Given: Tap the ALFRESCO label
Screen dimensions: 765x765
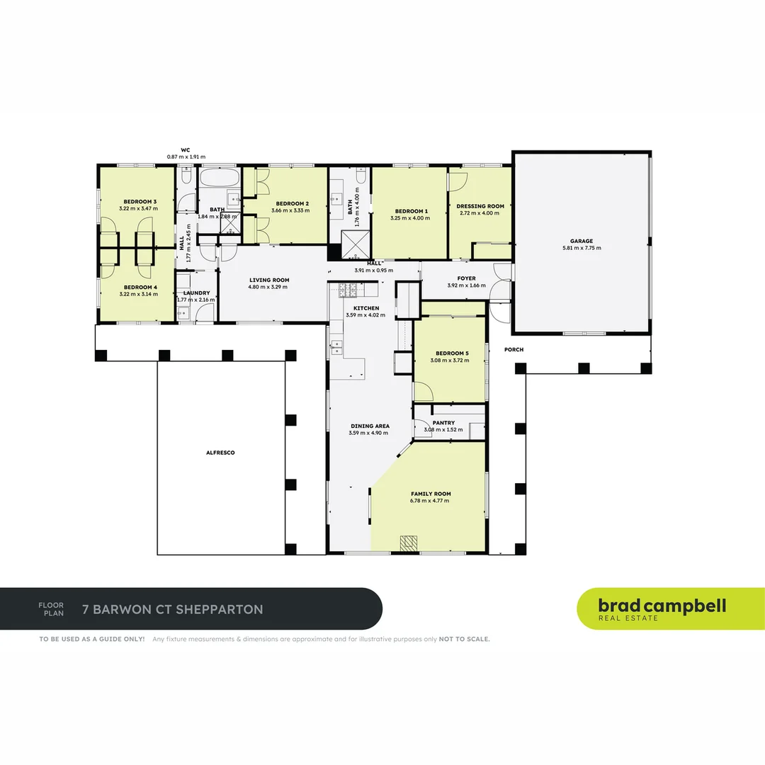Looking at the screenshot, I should pos(220,452).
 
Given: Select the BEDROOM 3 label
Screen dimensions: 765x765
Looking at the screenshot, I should pos(140,202).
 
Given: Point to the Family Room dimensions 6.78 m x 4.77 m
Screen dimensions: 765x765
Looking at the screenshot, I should pos(431,501).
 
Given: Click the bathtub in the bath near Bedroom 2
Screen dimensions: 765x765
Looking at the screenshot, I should pos(221,177).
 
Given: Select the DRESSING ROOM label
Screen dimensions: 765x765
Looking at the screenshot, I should pos(480,206).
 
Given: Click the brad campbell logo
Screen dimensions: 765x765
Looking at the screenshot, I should pos(662,608).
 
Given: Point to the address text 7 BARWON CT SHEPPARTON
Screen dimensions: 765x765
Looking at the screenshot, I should pos(173,609).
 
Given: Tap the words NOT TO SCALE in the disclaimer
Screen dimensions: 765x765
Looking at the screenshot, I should pos(464,639).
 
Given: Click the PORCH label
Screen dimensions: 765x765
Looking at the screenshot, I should pos(514,350).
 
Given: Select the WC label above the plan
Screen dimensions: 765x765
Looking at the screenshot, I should pos(186,149).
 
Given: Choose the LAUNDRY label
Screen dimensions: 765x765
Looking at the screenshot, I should pos(196,293).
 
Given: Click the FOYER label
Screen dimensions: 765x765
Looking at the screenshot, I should pos(466,278).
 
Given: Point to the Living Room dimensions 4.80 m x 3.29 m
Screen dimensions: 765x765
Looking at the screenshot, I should pos(268,287).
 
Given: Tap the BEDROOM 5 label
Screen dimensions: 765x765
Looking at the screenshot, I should pos(451,353).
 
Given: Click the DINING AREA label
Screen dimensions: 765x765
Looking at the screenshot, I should pos(370,426).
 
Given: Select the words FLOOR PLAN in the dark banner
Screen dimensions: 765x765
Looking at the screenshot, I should pos(51,609).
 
